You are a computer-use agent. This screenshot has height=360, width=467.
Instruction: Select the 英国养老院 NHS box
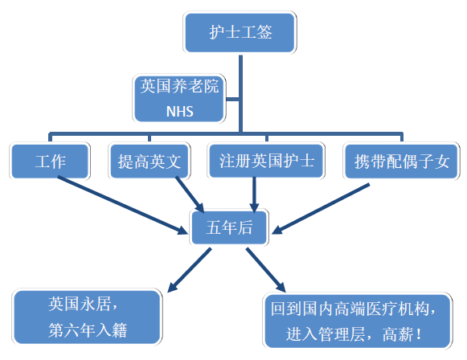[x=179, y=98]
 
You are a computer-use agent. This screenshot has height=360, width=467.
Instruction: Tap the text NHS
[x=179, y=112]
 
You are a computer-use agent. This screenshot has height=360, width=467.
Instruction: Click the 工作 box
[x=49, y=162]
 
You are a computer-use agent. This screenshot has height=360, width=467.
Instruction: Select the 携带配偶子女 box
[x=401, y=162]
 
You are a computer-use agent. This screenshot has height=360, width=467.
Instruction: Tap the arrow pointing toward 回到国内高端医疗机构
[x=265, y=268]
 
